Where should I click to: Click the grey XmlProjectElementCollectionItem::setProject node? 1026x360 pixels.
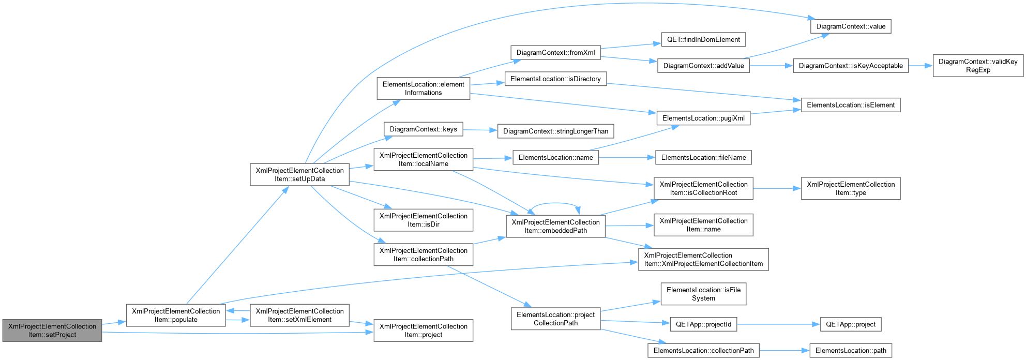(x=52, y=331)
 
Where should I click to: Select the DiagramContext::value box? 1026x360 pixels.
(x=851, y=26)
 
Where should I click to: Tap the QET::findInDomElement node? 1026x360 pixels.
(x=703, y=39)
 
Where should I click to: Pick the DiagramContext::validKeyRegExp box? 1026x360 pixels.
(x=978, y=66)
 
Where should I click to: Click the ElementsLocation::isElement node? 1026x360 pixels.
(x=851, y=105)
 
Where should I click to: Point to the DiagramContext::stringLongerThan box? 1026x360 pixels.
(x=555, y=131)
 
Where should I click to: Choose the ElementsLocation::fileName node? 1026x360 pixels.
(x=703, y=157)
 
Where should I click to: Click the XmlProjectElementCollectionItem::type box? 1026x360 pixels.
(x=851, y=188)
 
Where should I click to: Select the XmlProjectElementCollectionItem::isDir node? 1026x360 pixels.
(x=424, y=220)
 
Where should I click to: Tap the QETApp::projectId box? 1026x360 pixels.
(x=703, y=324)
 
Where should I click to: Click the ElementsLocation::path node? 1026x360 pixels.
(x=851, y=351)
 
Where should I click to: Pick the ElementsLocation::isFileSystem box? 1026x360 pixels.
(x=703, y=294)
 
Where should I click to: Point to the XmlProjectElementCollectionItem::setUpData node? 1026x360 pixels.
(x=299, y=175)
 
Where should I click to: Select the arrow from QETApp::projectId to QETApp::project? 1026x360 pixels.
(x=779, y=324)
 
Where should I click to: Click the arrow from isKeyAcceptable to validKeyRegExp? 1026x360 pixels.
(x=921, y=66)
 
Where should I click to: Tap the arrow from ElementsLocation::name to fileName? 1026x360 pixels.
(x=627, y=157)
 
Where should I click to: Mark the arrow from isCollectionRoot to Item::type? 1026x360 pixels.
(x=777, y=188)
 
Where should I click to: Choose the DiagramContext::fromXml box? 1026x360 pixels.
(x=555, y=53)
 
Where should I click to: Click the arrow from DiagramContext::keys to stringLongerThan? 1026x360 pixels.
(x=480, y=130)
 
